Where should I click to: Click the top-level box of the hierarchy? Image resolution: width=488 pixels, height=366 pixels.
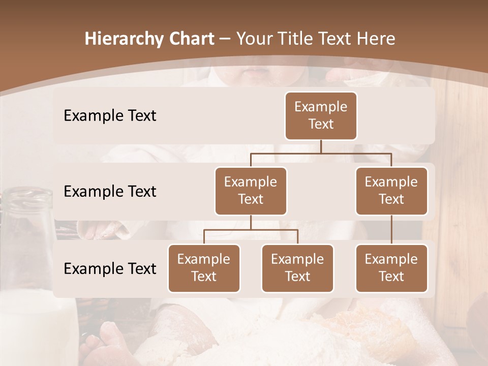click(321, 116)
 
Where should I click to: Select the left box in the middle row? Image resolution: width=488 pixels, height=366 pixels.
click(251, 191)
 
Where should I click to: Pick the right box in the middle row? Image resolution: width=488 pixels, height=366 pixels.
click(391, 191)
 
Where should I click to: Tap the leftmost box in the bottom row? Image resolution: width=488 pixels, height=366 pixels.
click(204, 268)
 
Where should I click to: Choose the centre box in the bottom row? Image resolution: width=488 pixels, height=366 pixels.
click(297, 268)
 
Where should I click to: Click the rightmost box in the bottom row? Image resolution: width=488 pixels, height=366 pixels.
click(391, 268)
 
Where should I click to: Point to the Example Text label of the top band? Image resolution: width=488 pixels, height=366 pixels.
click(110, 116)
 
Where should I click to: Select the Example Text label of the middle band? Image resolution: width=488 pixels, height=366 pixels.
click(110, 192)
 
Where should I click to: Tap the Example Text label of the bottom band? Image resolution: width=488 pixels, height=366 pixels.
click(110, 268)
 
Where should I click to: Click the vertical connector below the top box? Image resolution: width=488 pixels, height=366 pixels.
click(321, 146)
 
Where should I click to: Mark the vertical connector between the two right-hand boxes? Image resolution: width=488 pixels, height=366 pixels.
click(391, 229)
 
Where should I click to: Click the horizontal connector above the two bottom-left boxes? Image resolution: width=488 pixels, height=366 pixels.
click(251, 230)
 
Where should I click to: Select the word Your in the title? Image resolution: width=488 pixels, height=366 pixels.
click(253, 39)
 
